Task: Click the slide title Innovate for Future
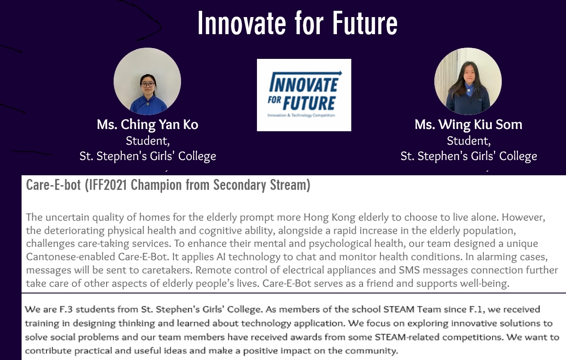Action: (x=297, y=24)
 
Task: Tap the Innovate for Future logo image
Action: (x=304, y=95)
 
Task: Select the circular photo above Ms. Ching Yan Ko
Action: (x=147, y=81)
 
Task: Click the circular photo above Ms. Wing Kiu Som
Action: (x=468, y=81)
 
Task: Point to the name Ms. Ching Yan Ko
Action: (x=147, y=124)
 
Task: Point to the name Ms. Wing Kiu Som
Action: (x=469, y=124)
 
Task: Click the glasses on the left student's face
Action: (x=147, y=84)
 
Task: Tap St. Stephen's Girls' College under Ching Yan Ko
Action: (x=147, y=156)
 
